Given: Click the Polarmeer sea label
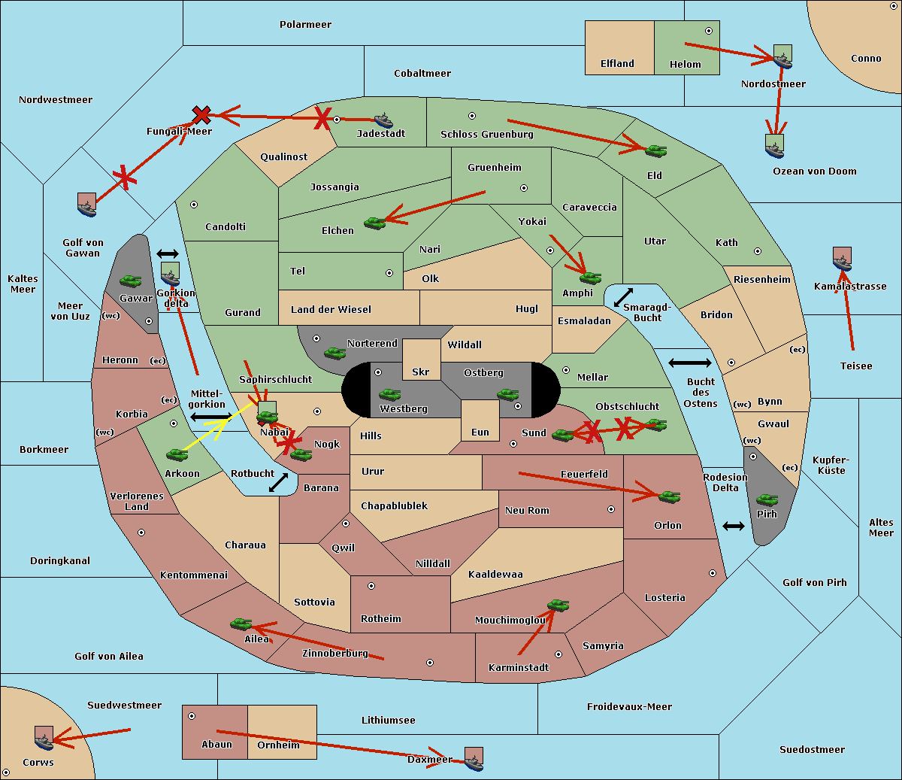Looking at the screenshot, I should coord(305,25).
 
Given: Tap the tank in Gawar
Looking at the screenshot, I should coord(131,281).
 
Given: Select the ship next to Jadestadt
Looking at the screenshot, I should coord(383,120).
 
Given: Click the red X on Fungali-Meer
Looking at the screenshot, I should coord(201,114).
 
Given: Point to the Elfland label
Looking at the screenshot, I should coord(617,64).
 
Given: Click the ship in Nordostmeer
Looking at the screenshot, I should coord(782,57).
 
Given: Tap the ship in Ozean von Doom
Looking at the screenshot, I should coord(774,146).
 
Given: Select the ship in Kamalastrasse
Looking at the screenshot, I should coord(842,259).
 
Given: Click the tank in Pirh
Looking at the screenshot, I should coord(767,500).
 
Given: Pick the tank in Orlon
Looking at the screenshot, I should coord(669,496).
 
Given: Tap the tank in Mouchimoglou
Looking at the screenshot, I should coord(558,605).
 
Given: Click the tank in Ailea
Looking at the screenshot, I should coord(241,624).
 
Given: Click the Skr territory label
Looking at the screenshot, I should coord(421,372).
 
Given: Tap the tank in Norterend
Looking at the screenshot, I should coord(335,353).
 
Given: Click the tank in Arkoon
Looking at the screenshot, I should coord(177,454).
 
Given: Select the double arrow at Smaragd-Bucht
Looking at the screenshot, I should coord(624,297).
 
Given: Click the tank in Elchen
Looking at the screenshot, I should coord(374,223).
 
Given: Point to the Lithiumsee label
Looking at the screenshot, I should coord(389,721).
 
